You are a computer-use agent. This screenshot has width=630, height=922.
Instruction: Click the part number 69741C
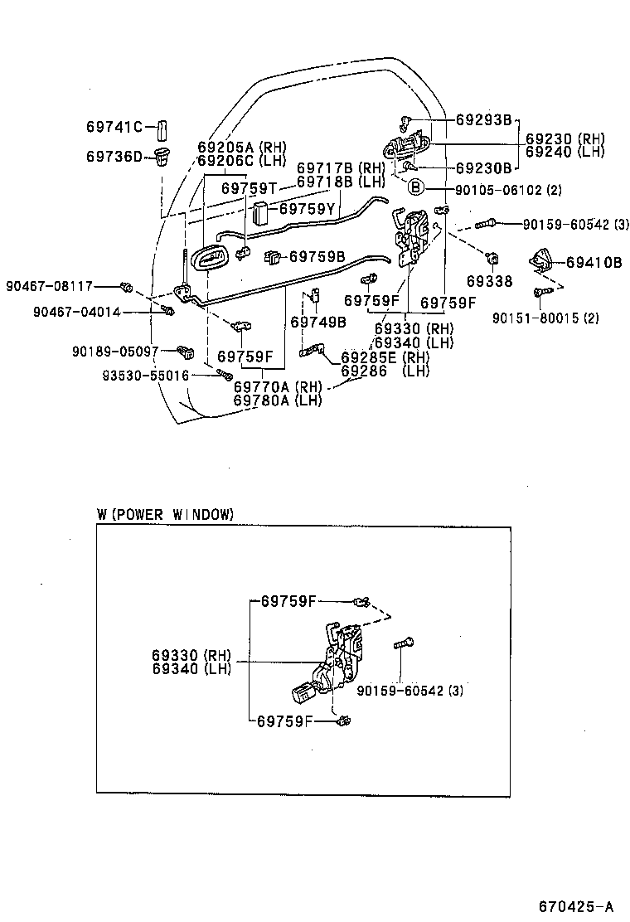(114, 127)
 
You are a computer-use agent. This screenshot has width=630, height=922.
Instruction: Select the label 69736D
(114, 155)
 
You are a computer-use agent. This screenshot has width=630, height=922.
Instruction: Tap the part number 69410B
(594, 262)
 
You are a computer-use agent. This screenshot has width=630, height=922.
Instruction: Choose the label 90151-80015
(533, 318)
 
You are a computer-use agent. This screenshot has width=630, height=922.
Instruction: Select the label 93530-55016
(146, 376)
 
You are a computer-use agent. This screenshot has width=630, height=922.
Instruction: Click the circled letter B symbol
(415, 188)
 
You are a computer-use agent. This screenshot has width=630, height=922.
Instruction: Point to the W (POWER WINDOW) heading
(165, 515)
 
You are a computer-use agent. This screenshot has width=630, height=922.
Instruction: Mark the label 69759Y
(307, 209)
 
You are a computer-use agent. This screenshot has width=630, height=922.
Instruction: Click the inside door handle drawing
(211, 258)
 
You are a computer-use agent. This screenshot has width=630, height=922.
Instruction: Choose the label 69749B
(317, 322)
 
